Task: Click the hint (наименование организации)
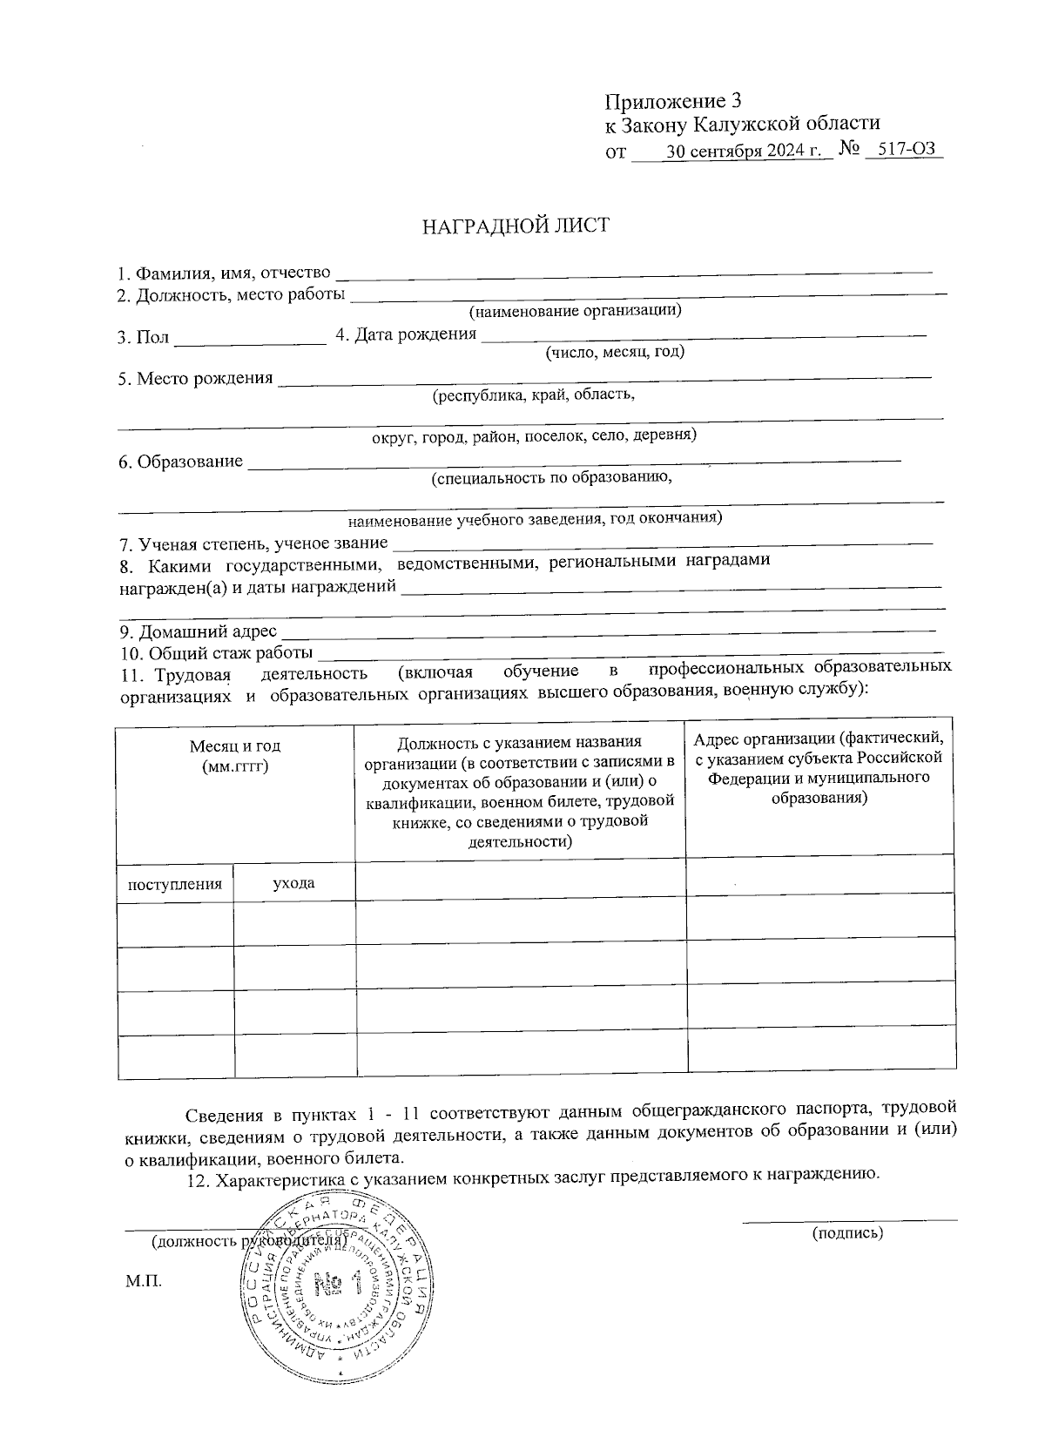coord(575,310)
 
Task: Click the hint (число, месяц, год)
coord(614,352)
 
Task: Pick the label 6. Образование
coord(181,462)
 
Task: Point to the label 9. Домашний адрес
coord(199,631)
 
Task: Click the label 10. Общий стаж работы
coord(216,653)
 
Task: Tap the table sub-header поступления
coord(175,884)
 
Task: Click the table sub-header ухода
coord(293,883)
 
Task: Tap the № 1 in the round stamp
coord(335,1282)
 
